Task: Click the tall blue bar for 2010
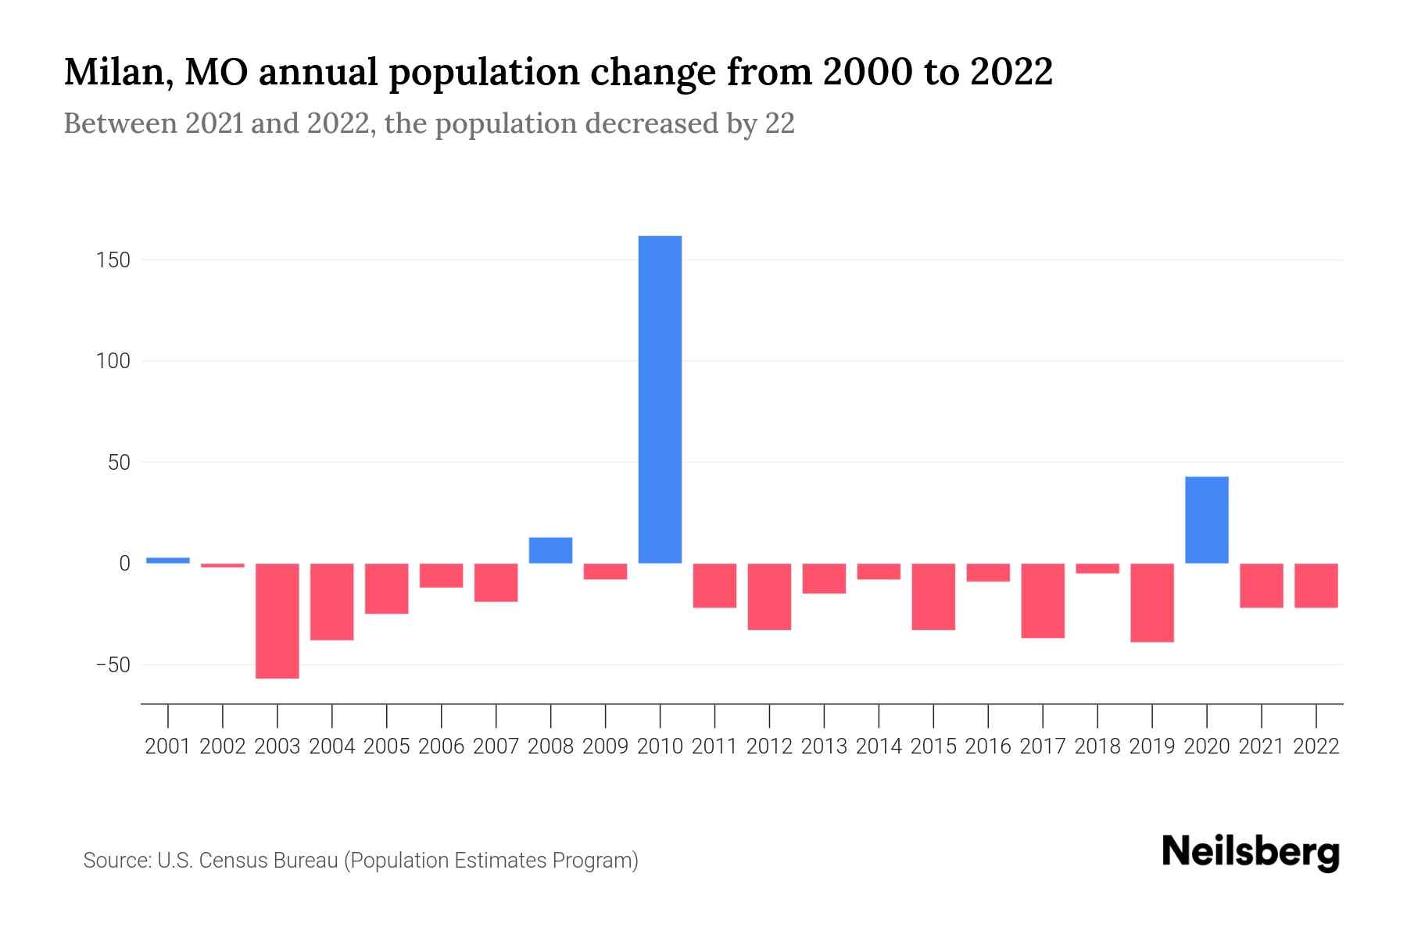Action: point(660,399)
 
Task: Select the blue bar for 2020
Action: point(1206,520)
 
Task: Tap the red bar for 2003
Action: point(277,621)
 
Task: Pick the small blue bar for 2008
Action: point(550,550)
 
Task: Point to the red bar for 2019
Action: point(1151,603)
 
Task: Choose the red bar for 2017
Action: point(1042,600)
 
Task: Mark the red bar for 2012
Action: point(769,596)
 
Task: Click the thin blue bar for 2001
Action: point(168,560)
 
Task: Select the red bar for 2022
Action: point(1316,585)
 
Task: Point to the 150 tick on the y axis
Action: point(113,260)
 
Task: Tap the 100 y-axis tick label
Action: point(113,361)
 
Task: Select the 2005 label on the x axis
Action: point(387,746)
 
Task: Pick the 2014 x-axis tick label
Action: point(879,746)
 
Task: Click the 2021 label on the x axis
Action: point(1261,746)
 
